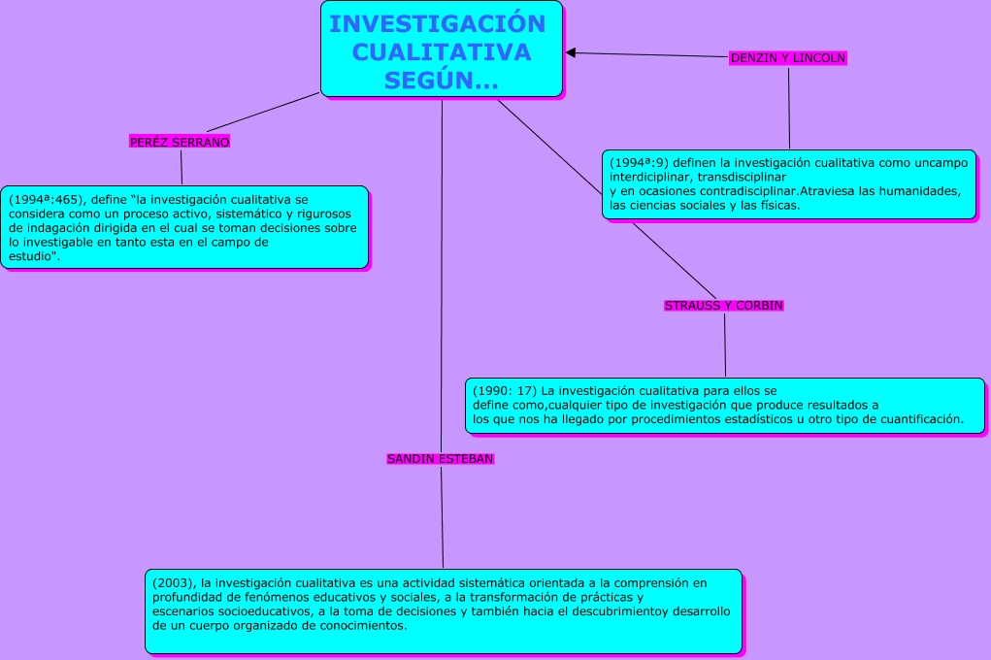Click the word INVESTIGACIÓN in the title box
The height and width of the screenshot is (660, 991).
438,24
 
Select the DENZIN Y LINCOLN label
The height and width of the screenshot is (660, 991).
788,58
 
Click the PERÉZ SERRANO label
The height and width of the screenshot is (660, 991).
180,142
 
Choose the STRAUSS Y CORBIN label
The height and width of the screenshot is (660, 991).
723,306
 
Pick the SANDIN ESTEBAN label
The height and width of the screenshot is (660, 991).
441,458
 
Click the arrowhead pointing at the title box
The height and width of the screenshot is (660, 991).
572,52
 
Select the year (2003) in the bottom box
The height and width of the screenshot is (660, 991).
174,583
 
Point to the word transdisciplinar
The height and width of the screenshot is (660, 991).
742,177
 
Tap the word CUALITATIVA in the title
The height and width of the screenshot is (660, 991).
442,52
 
